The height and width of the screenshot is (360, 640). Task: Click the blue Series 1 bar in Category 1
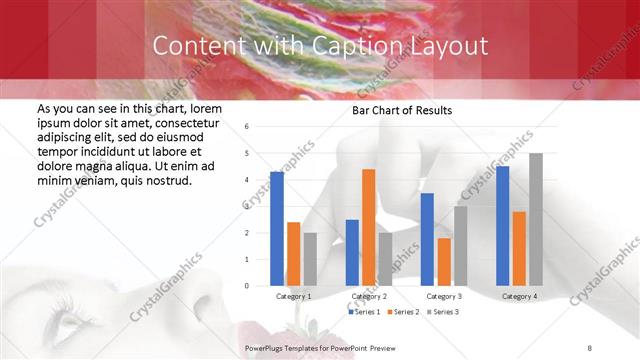tap(277, 229)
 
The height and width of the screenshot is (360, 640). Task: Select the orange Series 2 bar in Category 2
tap(368, 227)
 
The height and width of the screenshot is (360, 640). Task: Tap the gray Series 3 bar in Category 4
tap(536, 220)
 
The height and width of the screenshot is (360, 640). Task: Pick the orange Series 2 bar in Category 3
tap(443, 262)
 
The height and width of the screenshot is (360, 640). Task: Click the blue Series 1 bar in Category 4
tap(502, 226)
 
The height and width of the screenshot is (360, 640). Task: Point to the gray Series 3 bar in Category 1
tap(310, 259)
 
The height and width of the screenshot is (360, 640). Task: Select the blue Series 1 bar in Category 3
tap(427, 239)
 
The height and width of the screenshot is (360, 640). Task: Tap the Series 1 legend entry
tap(364, 313)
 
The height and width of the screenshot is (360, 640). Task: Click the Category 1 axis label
tap(293, 296)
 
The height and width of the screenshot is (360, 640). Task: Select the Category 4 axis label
tap(518, 296)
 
